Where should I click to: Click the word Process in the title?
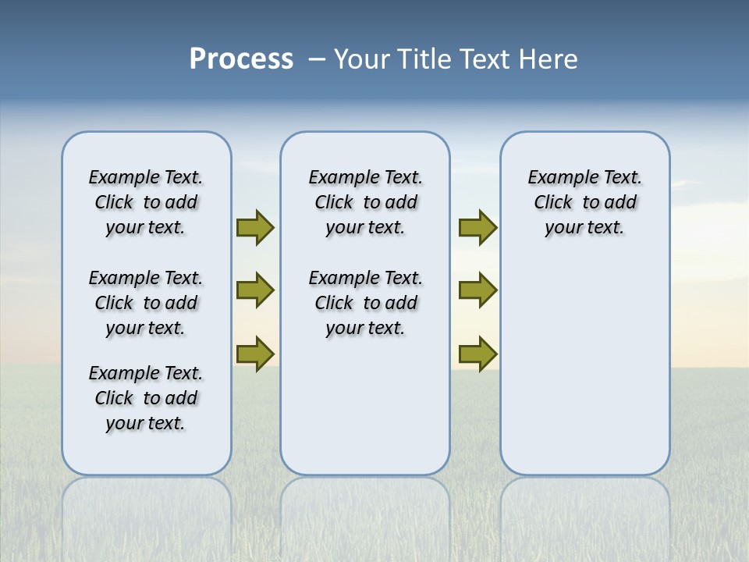[241, 59]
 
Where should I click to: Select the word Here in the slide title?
[549, 59]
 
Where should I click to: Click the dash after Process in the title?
[317, 59]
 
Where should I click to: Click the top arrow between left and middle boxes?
[255, 228]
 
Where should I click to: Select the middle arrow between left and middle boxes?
[255, 290]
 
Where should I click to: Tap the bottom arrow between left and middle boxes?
[255, 354]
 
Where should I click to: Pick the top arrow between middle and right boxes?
[477, 228]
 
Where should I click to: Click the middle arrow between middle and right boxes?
[477, 290]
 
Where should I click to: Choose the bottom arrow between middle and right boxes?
[477, 354]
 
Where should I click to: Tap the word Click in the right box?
[553, 203]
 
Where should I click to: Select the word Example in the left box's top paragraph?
[118, 178]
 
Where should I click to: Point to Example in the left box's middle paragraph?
[118, 279]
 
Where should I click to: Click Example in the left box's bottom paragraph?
[118, 374]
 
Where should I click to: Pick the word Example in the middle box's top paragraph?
[338, 178]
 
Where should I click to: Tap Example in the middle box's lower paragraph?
[338, 279]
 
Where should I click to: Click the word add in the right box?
[621, 203]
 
